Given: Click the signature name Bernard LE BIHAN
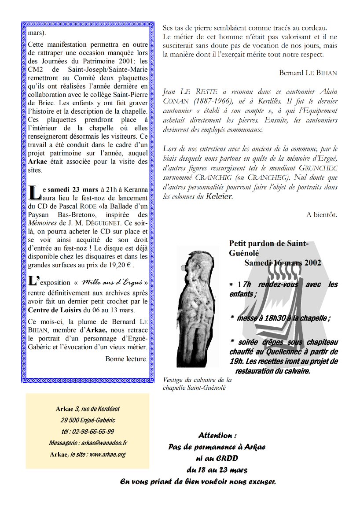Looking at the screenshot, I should coord(308,73).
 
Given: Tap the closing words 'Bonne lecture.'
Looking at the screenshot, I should coord(126,359).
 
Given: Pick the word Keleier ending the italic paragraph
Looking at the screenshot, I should coord(218,196).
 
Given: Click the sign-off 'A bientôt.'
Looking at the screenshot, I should coord(322,214).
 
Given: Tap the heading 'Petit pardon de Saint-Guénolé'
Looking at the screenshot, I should coord(268,248).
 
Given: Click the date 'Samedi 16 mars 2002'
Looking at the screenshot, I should coord(283,262).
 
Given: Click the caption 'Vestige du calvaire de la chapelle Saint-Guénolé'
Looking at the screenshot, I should coord(197,384).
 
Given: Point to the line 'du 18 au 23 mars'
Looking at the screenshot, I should coord(217,470).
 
